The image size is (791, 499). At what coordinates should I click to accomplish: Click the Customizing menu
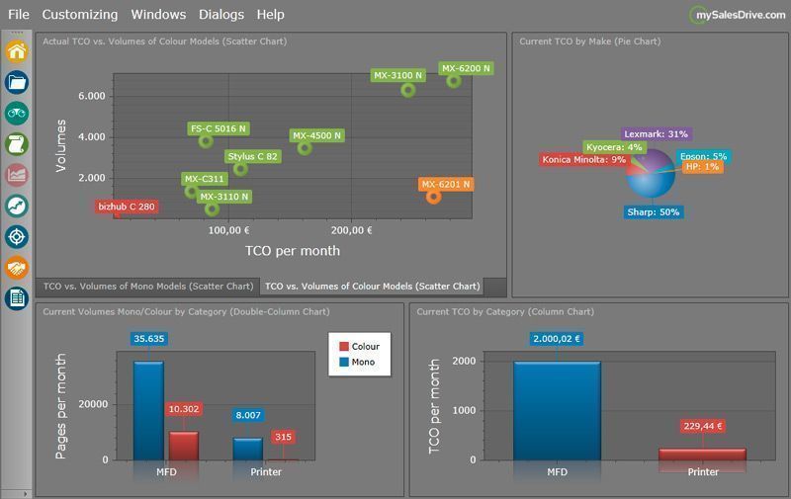pos(80,15)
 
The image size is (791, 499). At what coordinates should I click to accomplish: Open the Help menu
pos(270,15)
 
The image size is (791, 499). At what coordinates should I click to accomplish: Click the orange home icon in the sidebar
pos(17,51)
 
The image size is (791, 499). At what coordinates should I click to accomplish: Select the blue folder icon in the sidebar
pos(17,82)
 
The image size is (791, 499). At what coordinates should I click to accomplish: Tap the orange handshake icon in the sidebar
pos(17,268)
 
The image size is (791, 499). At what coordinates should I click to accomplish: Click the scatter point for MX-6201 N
pos(433,197)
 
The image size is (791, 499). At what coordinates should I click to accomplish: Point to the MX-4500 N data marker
pos(305,147)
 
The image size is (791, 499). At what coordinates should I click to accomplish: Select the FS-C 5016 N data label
pos(219,129)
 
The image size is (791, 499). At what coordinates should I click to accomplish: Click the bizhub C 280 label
pos(127,207)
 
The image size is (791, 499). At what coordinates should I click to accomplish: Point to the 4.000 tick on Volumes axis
pos(92,137)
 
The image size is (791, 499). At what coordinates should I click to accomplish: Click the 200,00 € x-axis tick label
pos(352,230)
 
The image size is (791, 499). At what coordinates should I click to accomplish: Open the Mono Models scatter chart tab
pos(147,287)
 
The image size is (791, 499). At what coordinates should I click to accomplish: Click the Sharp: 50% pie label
pos(654,212)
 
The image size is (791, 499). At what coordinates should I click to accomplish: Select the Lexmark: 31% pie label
pos(656,134)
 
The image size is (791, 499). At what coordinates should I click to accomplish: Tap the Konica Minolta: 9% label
pos(583,160)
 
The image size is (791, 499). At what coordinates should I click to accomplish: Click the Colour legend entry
pos(360,347)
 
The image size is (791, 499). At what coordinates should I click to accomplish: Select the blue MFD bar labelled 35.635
pos(148,411)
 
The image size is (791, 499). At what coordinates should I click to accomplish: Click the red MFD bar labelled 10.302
pos(184,446)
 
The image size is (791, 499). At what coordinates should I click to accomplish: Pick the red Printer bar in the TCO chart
pos(702,455)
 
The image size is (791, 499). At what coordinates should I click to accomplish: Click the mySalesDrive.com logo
pos(738,15)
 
